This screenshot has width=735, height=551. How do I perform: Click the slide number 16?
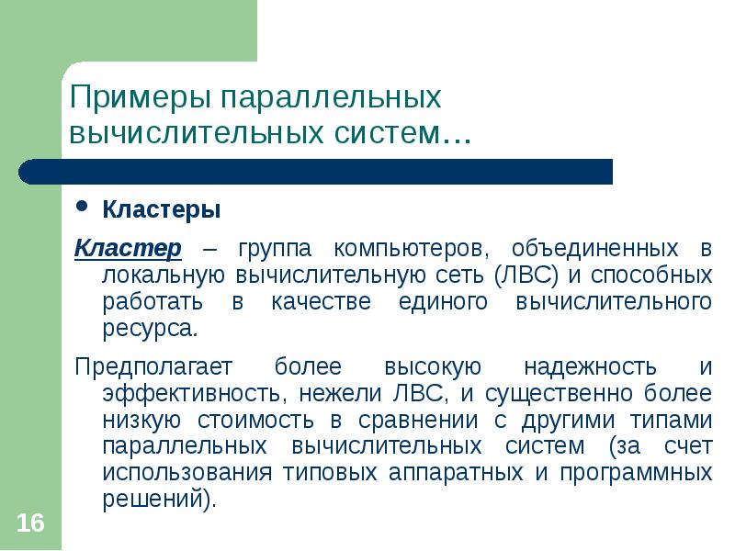[x=30, y=523]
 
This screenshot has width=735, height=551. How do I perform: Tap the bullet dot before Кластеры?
[x=83, y=208]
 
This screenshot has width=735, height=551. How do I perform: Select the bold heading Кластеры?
[x=161, y=210]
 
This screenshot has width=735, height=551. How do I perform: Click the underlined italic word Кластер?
[x=128, y=249]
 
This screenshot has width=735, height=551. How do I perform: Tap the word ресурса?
[x=149, y=328]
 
